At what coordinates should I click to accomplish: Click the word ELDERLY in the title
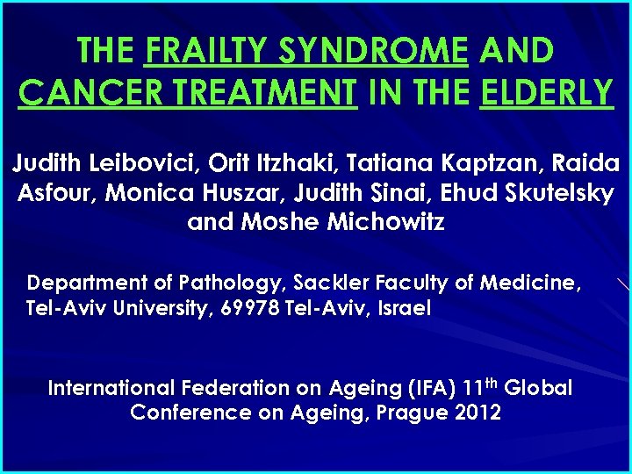point(547,90)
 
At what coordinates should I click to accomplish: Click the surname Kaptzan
point(494,163)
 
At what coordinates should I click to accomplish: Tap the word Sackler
point(328,283)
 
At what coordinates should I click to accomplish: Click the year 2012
point(479,413)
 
